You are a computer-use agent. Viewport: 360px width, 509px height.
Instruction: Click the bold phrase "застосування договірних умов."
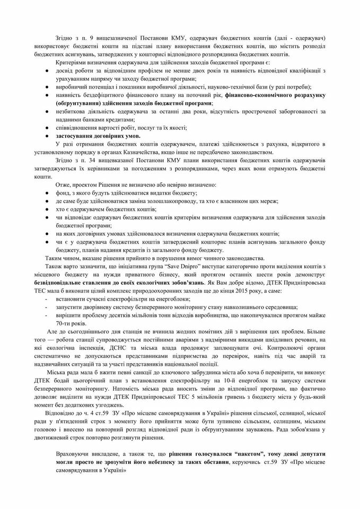[102, 136]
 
